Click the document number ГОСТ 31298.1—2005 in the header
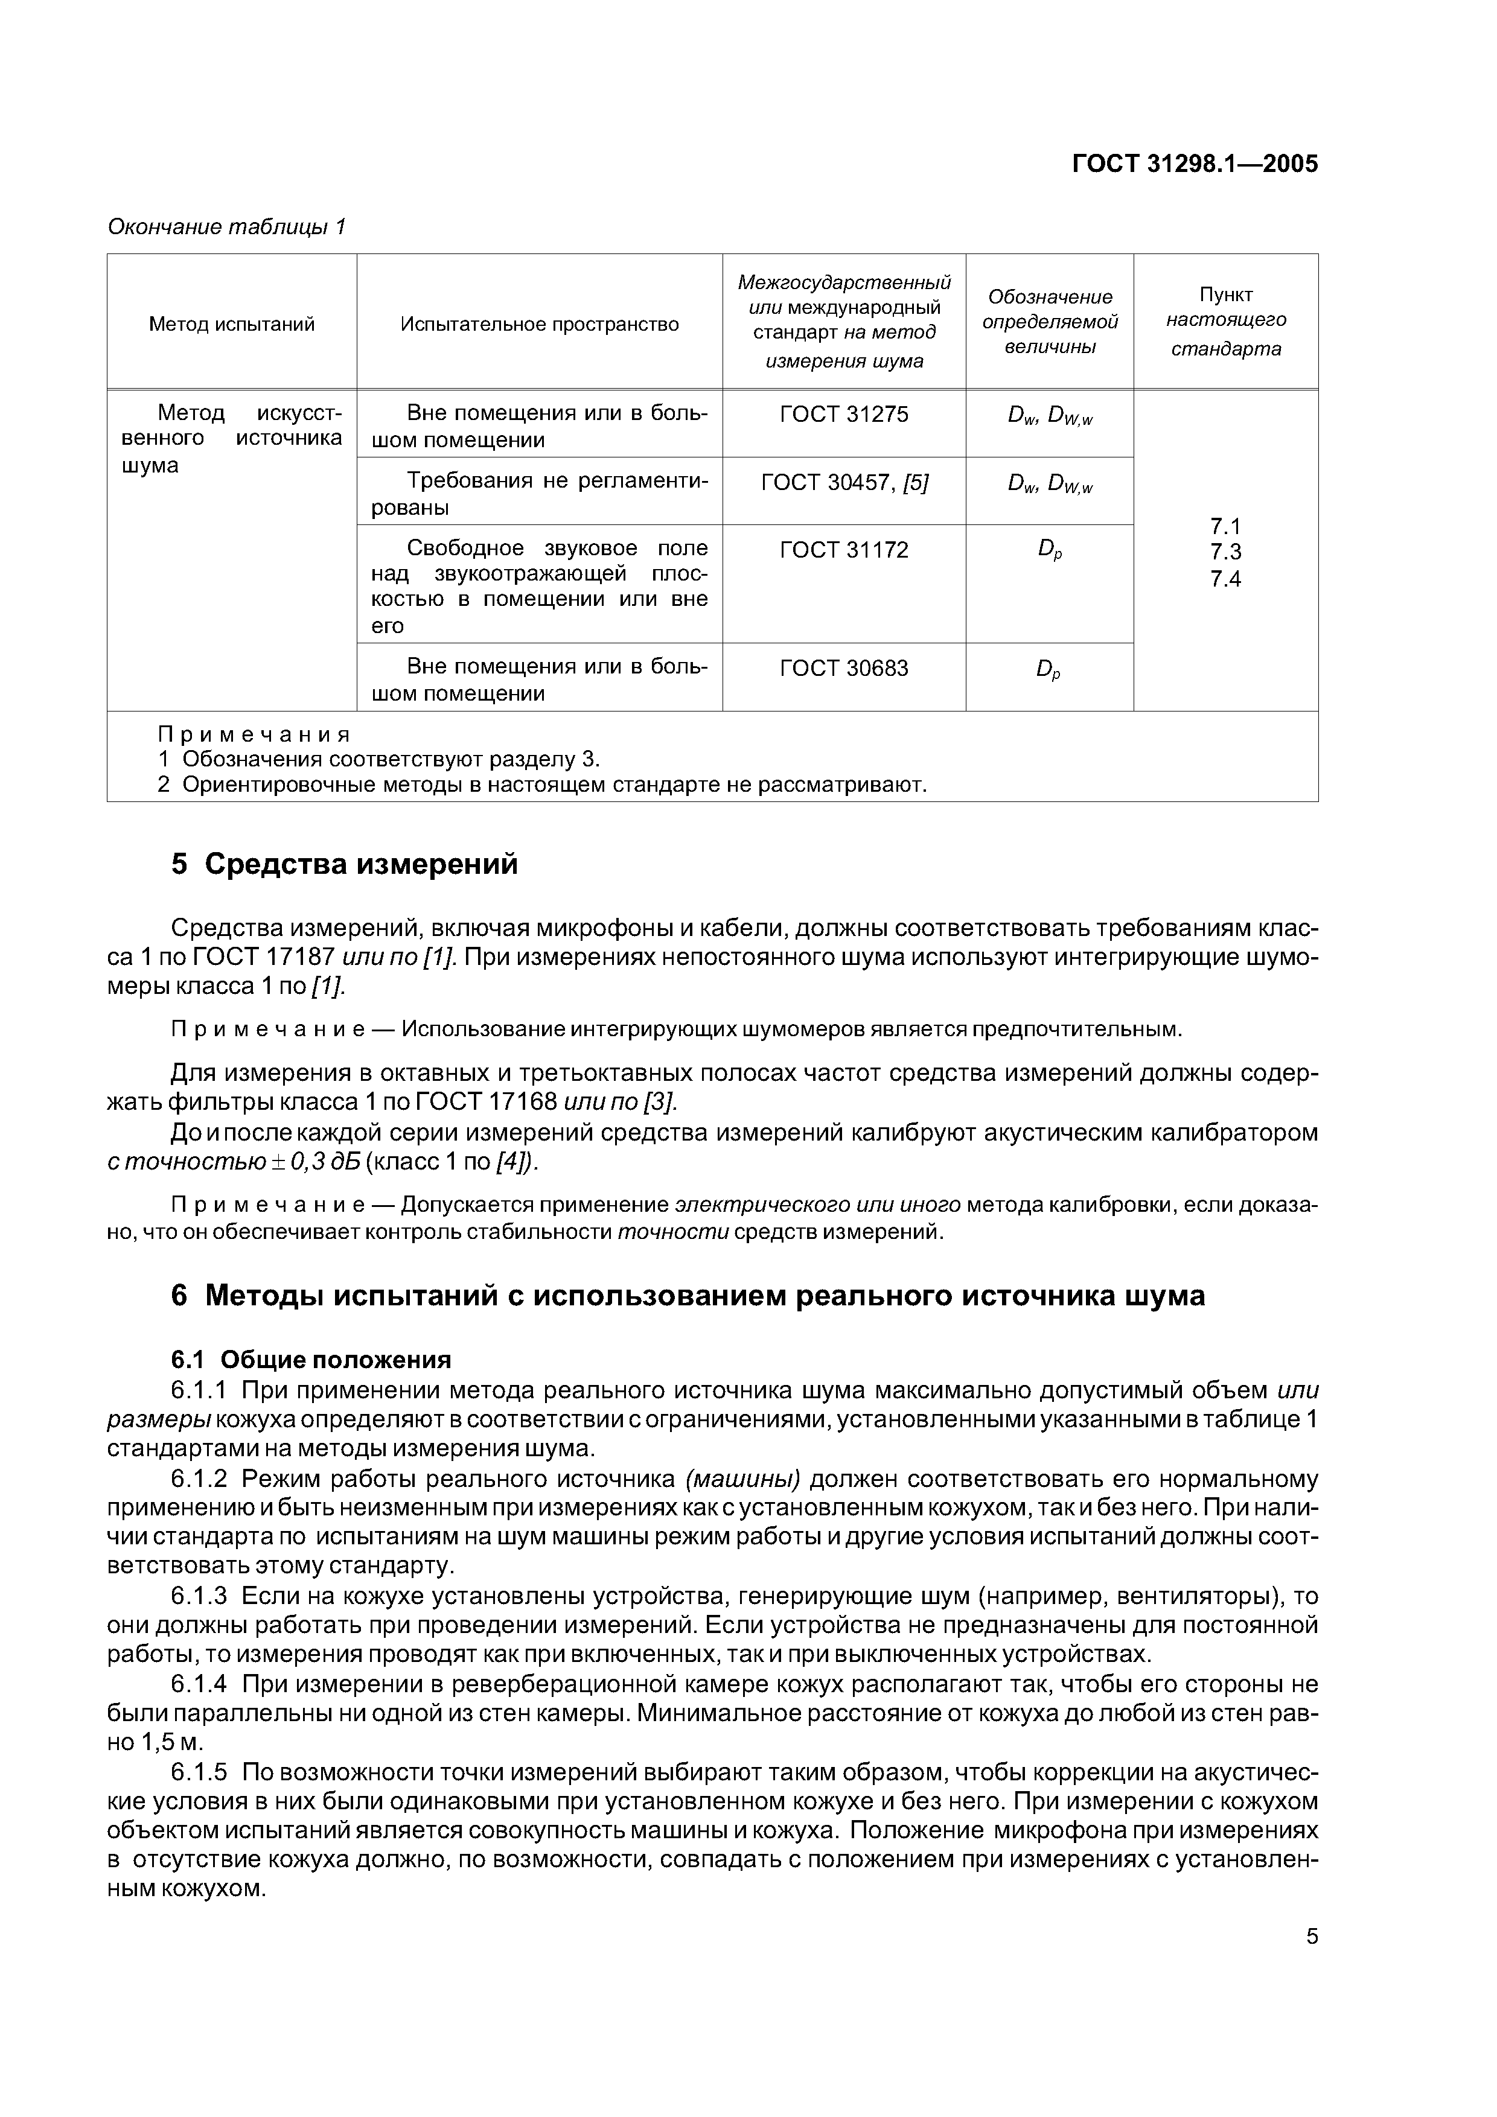[x=1195, y=164]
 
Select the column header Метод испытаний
[x=232, y=325]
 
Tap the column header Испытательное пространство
[x=540, y=325]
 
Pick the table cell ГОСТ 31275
[x=844, y=415]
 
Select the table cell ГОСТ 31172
[x=844, y=550]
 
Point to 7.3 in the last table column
[x=1226, y=552]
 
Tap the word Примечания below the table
[x=255, y=735]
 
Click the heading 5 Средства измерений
[x=345, y=865]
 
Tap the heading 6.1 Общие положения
[x=311, y=1360]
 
